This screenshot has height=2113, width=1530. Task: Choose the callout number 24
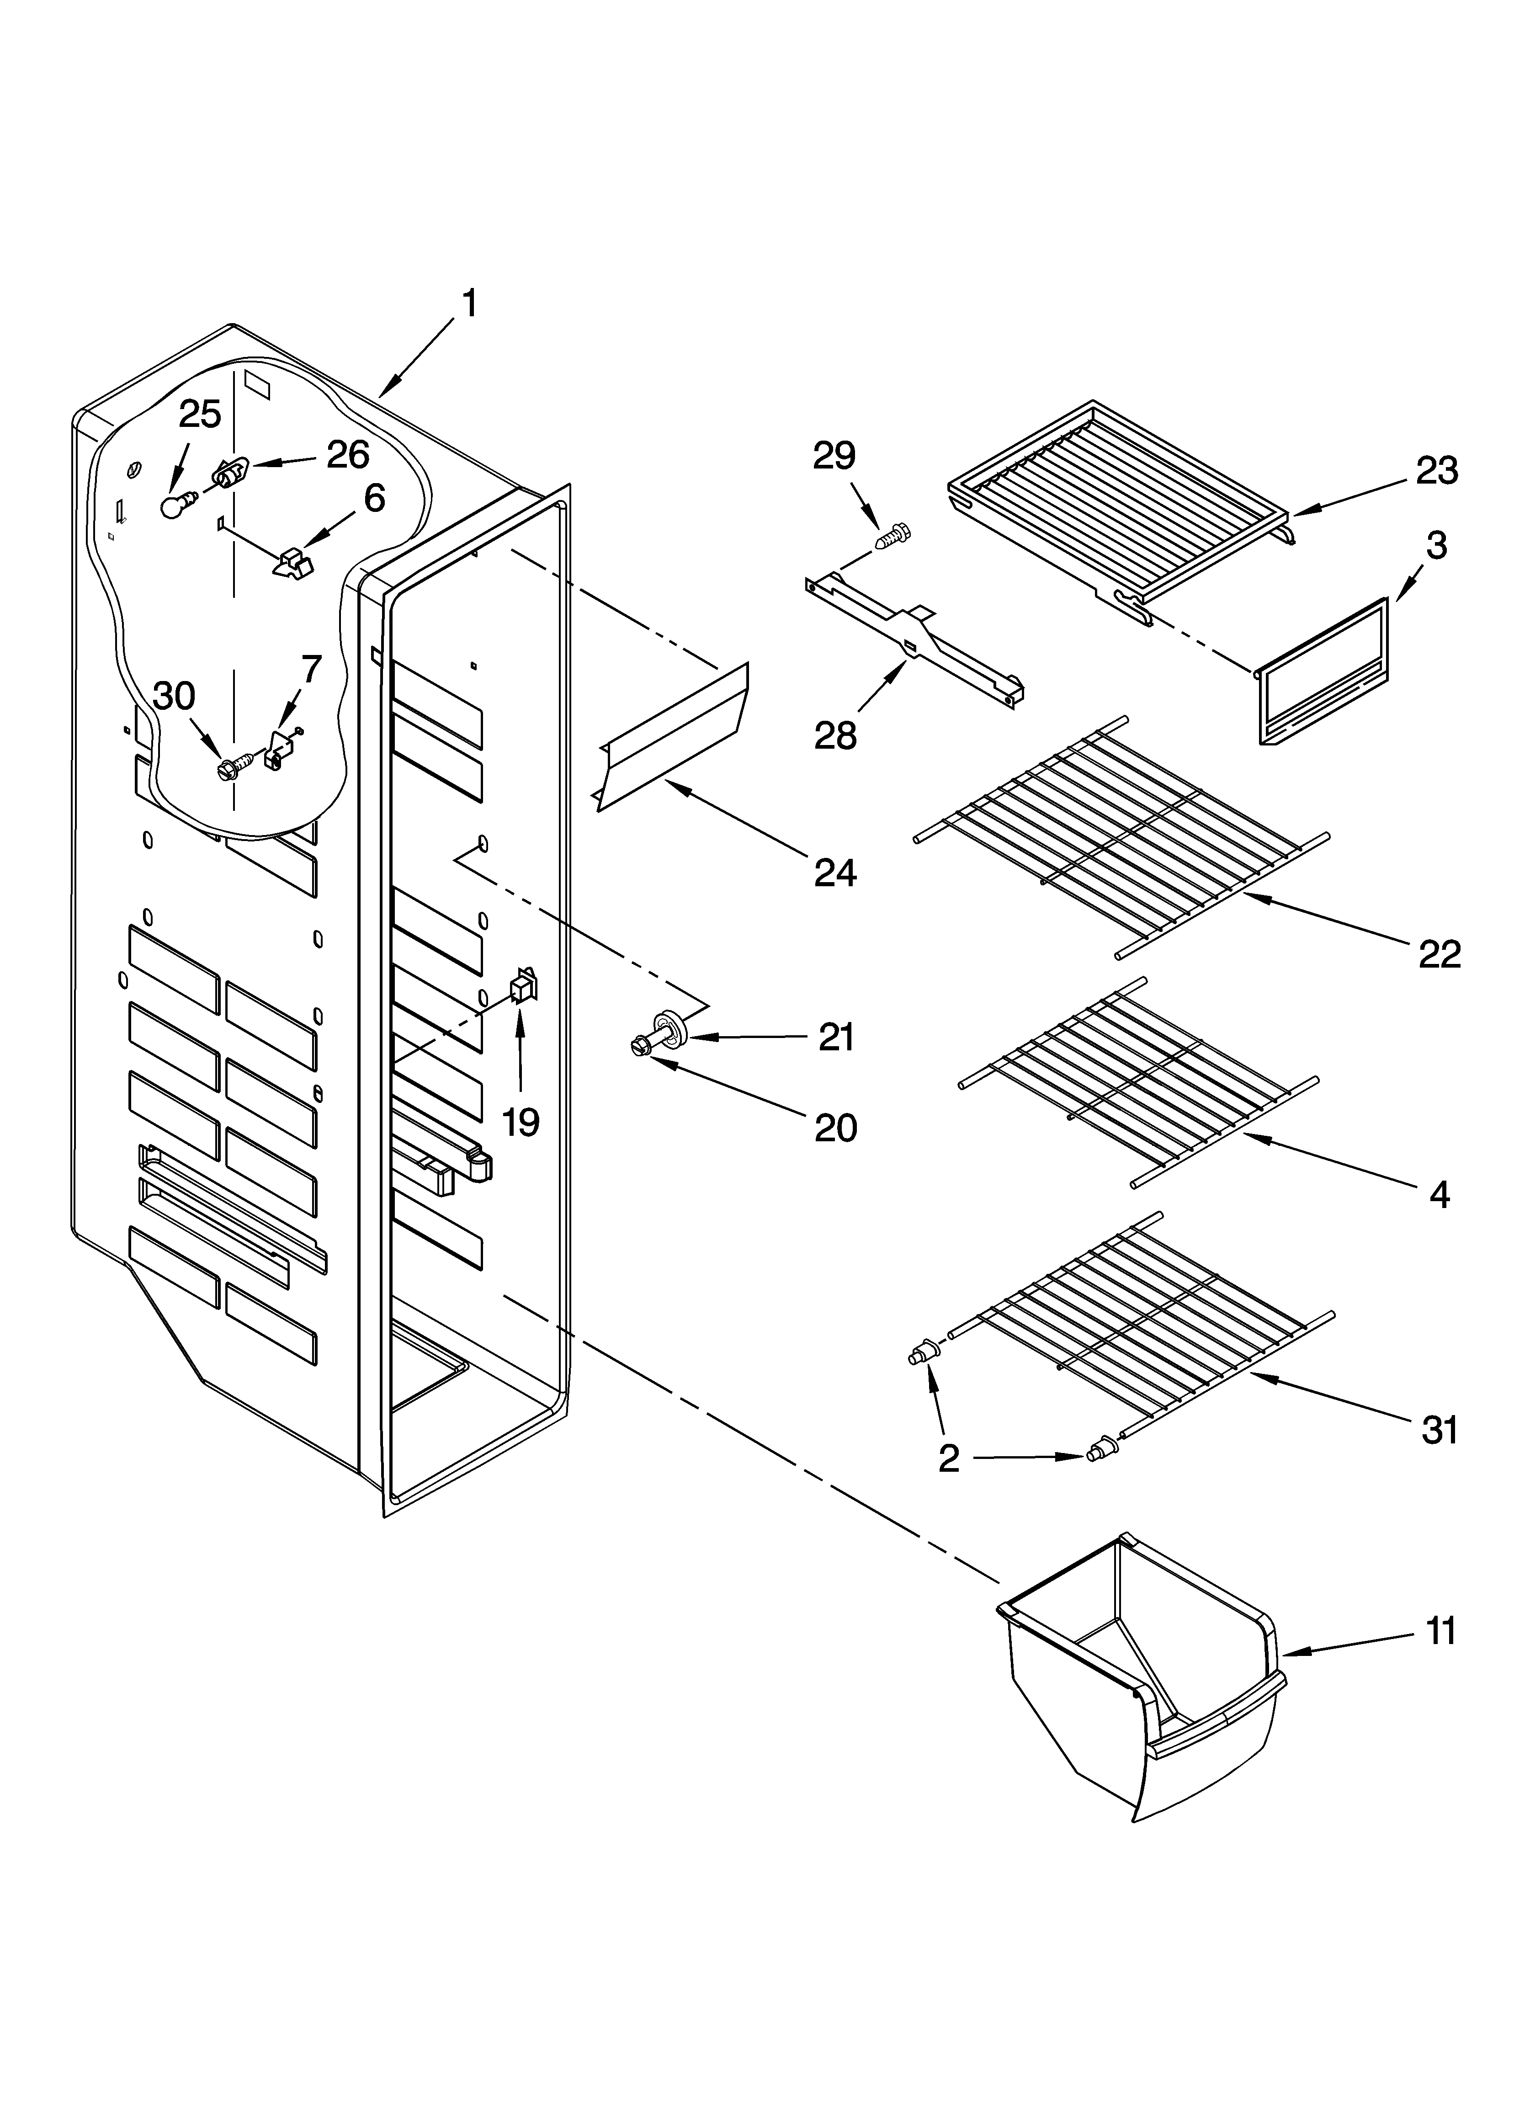point(835,873)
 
